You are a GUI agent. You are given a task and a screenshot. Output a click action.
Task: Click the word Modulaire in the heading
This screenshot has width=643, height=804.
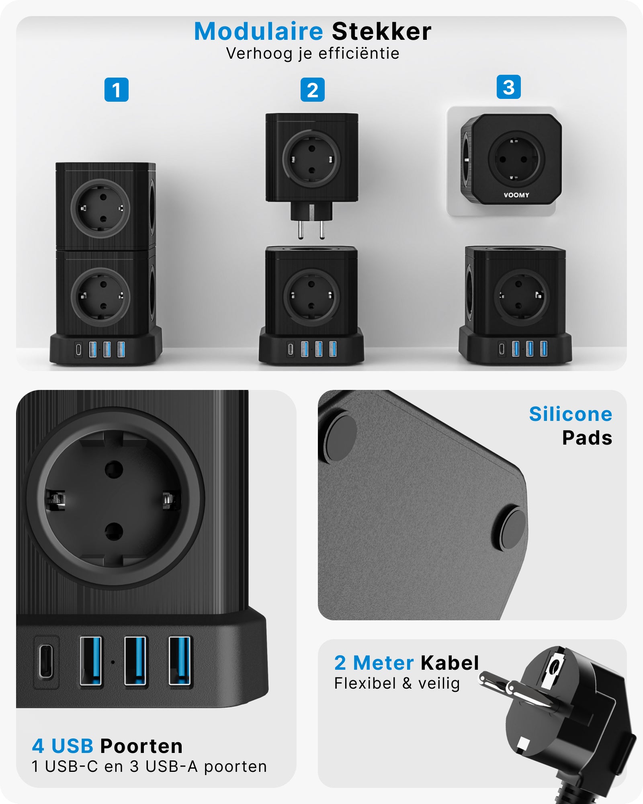tap(258, 31)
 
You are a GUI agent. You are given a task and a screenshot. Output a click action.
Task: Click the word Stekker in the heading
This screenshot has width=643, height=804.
tap(381, 31)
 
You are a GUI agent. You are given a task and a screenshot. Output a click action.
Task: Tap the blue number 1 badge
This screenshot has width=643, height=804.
tap(116, 90)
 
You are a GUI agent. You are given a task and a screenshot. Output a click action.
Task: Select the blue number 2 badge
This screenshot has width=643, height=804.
tap(312, 90)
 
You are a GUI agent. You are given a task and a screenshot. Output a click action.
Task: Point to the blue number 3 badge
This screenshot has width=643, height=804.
tap(508, 87)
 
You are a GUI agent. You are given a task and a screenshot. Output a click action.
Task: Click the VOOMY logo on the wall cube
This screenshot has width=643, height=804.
tap(516, 195)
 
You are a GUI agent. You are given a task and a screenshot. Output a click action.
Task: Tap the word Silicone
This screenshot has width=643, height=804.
tap(570, 414)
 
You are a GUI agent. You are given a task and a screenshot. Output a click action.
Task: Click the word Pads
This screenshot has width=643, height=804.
tap(587, 438)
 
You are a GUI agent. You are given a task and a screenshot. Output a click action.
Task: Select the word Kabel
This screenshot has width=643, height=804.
tap(450, 663)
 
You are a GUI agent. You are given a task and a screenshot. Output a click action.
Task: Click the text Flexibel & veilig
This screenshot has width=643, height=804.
tap(397, 683)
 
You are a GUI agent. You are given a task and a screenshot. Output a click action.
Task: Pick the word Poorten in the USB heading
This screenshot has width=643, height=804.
tap(141, 746)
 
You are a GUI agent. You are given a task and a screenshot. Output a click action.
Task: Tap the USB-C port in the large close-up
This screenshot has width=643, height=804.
tap(46, 661)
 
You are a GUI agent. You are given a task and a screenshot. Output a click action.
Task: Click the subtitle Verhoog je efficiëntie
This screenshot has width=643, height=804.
tap(313, 53)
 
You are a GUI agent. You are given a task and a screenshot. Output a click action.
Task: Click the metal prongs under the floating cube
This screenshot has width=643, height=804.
tap(311, 229)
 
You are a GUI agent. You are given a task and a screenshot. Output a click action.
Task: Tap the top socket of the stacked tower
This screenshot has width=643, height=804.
tap(100, 208)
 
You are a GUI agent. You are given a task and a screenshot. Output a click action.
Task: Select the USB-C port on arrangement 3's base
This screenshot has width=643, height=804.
tap(501, 349)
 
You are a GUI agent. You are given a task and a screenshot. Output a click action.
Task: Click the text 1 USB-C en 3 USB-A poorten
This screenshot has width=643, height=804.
tap(149, 767)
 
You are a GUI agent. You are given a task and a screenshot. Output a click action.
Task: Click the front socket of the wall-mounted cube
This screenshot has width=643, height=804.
tap(516, 159)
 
